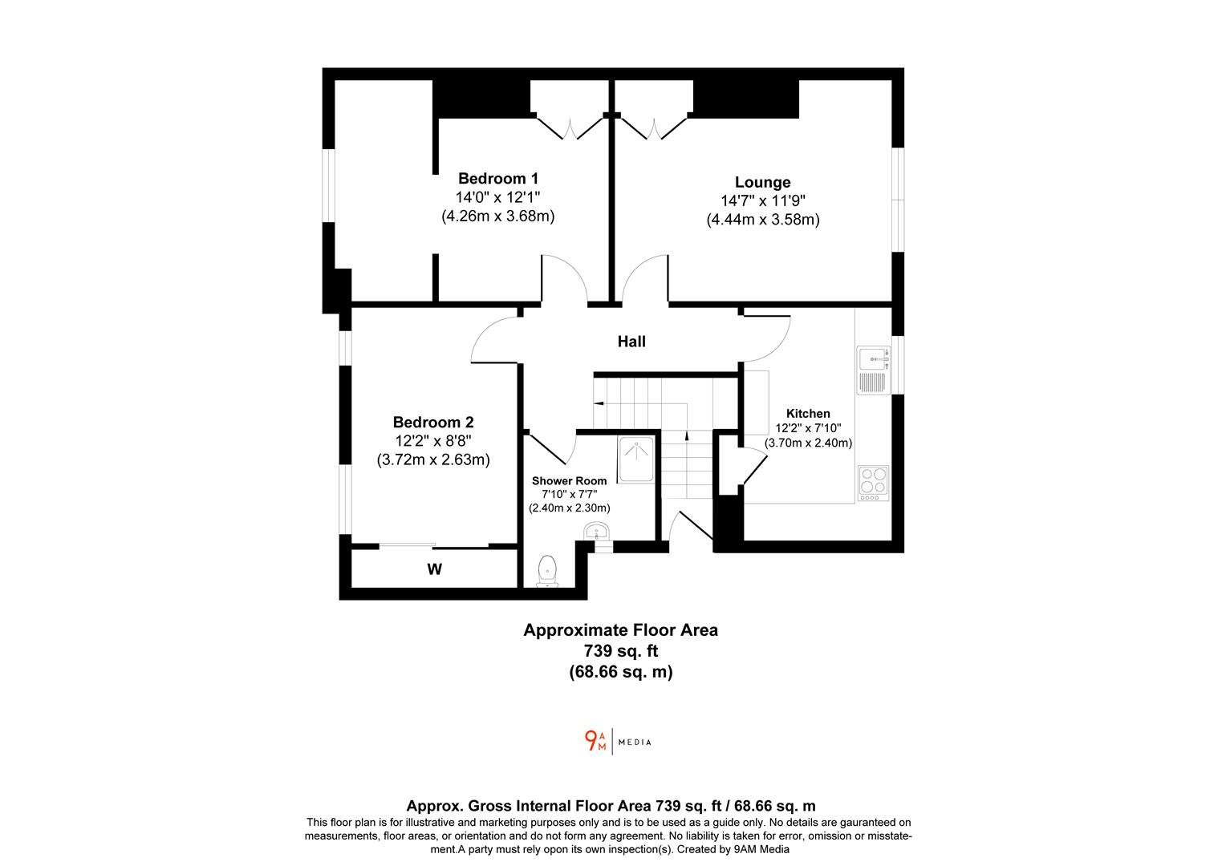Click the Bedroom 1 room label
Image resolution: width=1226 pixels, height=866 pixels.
[497, 178]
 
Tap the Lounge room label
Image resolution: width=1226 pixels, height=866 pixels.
[762, 182]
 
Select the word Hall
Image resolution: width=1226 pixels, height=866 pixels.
[631, 342]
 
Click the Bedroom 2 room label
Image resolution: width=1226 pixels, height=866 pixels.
[432, 422]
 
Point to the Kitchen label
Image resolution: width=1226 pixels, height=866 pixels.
[807, 414]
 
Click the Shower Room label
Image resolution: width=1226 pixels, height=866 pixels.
[569, 481]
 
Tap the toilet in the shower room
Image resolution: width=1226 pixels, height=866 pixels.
[548, 571]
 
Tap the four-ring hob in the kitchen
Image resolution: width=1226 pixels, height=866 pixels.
[872, 481]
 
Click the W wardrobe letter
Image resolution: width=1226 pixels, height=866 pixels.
[434, 570]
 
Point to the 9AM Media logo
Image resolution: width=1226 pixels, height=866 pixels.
[617, 741]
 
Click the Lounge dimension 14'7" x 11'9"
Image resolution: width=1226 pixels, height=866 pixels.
[762, 201]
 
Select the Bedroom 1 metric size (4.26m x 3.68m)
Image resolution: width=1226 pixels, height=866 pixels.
[497, 216]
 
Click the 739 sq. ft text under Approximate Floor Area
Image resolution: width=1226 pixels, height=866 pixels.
[620, 651]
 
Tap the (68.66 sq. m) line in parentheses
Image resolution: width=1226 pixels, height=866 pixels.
[620, 672]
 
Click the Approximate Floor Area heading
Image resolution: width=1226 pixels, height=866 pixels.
[620, 630]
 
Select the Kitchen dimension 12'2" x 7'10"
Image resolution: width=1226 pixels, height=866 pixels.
[807, 428]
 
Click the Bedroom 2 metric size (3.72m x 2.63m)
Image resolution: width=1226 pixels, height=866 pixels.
[432, 459]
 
